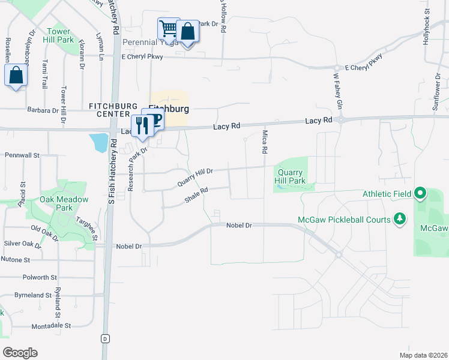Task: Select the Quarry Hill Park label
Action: point(291,176)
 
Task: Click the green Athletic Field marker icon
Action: point(420,194)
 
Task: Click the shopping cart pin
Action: point(169,28)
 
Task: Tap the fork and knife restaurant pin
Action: point(142,125)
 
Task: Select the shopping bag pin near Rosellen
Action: point(16,76)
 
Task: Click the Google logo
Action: point(20,352)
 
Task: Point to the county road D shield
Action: point(106,338)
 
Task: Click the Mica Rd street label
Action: point(264,142)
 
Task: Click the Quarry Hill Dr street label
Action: point(195,176)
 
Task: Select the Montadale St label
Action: point(51,325)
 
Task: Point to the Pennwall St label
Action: point(22,155)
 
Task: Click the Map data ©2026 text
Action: point(423,355)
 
